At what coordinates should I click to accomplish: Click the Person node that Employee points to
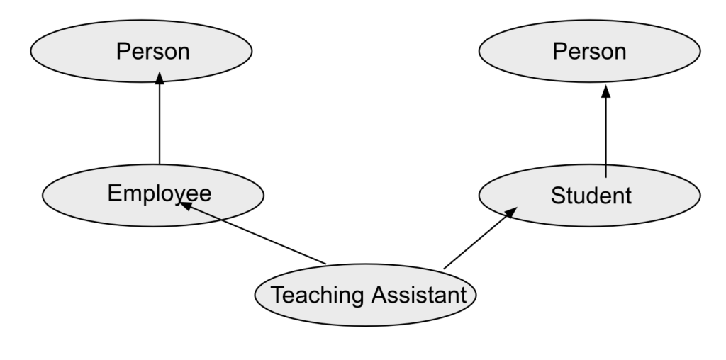[142, 52]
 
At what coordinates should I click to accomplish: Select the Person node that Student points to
[589, 52]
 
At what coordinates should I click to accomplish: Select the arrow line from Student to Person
[605, 135]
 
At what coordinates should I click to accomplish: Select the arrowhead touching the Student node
[510, 213]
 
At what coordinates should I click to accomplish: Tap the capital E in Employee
[113, 192]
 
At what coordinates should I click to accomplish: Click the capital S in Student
[557, 195]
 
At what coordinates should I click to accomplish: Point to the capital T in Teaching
[277, 293]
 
